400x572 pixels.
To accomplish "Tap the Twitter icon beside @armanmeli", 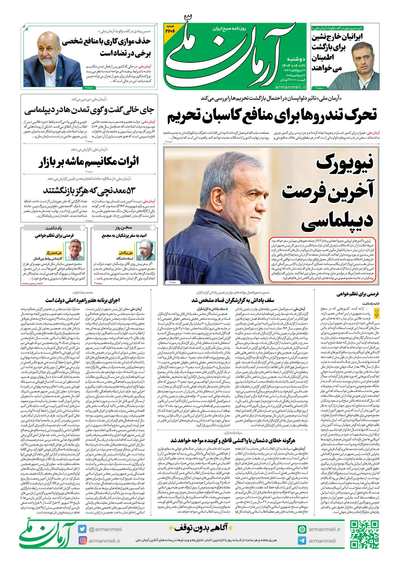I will click(82, 529).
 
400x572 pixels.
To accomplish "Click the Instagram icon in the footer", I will click(82, 540).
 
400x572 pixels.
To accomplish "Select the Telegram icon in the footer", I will click(302, 541).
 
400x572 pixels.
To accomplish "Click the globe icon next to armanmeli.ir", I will click(302, 529).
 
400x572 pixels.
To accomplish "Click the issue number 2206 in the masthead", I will click(170, 29).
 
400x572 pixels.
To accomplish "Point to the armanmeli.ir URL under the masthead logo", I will click(290, 87).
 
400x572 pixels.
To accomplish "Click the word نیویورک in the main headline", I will click(345, 163).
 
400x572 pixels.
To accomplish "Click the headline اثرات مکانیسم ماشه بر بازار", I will click(88, 162).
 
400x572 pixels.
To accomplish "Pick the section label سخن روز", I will click(123, 228).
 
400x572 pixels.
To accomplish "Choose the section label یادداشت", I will click(54, 228).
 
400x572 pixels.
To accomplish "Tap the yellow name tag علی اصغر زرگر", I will click(54, 253).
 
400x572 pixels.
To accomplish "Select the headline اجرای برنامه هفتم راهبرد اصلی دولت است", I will click(82, 300).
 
